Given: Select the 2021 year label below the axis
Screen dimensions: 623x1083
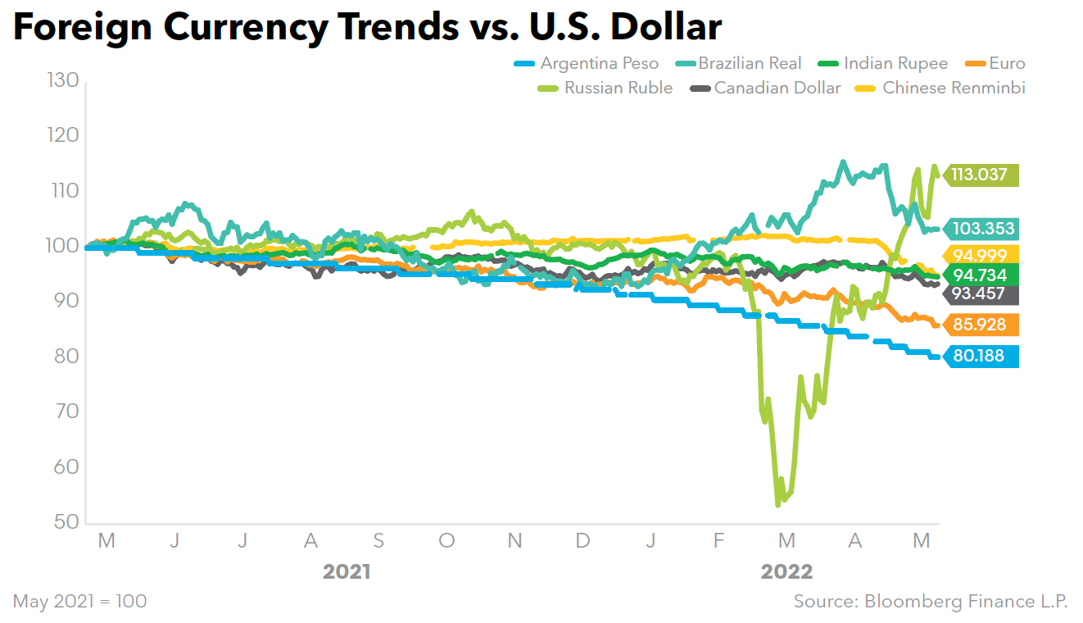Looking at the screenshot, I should (347, 571).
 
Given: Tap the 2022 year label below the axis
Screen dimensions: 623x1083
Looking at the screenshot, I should (786, 571).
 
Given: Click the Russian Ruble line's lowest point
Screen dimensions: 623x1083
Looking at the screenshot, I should (778, 505).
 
